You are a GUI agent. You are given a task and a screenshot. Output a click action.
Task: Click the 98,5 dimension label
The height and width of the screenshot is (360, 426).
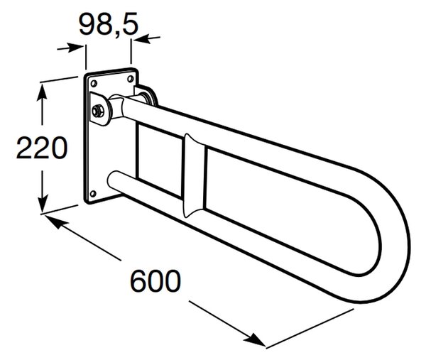pyautogui.click(x=109, y=25)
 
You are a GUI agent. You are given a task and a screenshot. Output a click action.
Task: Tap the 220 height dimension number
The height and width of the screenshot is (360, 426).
pyautogui.click(x=42, y=148)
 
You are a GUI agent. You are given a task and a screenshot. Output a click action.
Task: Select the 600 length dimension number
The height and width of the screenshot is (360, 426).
pyautogui.click(x=155, y=281)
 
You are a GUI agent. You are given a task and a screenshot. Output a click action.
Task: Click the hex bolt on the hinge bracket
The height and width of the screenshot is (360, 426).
pyautogui.click(x=97, y=111)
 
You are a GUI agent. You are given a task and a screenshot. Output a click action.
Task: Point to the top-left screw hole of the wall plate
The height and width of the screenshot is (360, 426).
pyautogui.click(x=94, y=83)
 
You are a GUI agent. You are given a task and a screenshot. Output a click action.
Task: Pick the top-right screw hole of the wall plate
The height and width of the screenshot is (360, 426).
pyautogui.click(x=131, y=79)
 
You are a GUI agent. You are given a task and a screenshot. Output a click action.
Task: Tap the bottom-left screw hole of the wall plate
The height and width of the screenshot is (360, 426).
pyautogui.click(x=93, y=194)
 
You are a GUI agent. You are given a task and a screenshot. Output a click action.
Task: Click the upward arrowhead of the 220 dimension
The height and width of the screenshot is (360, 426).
pyautogui.click(x=42, y=92)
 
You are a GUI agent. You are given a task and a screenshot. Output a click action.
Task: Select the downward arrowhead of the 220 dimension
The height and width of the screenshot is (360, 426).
pyautogui.click(x=43, y=203)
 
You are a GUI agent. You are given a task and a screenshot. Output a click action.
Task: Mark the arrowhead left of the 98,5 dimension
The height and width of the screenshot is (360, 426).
pyautogui.click(x=75, y=48)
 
